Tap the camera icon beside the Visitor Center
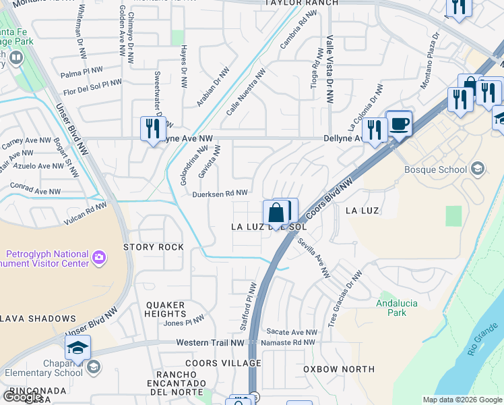click(x=99, y=257)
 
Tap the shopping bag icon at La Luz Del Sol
click(x=277, y=213)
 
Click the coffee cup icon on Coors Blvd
click(x=400, y=125)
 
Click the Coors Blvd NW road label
click(x=329, y=200)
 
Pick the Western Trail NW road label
click(x=210, y=343)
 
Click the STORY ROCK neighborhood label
click(x=154, y=247)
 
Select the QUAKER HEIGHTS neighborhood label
click(x=165, y=309)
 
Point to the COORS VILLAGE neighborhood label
click(x=226, y=363)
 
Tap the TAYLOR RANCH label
click(x=291, y=3)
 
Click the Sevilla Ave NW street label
click(x=315, y=261)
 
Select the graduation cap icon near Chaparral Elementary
click(x=77, y=348)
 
